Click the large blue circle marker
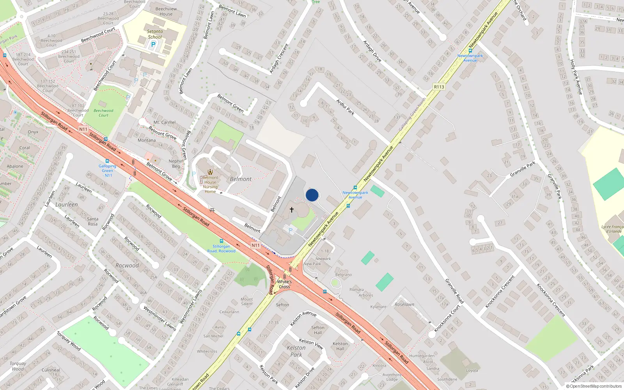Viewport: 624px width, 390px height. (312, 195)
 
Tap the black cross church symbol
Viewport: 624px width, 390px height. (291, 210)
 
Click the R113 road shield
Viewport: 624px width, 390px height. (439, 87)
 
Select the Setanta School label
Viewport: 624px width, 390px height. (155, 34)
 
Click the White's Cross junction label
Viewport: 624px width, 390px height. (284, 284)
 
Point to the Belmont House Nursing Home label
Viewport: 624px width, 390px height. (210, 184)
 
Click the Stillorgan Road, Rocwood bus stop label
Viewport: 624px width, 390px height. (221, 249)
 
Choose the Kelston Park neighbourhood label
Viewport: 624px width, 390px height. (296, 351)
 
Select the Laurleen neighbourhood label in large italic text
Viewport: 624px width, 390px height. (66, 204)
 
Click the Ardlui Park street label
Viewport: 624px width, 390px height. (346, 107)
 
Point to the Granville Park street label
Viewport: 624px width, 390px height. (523, 169)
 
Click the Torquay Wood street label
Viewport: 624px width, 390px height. (69, 341)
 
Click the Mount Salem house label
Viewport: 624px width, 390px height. (246, 301)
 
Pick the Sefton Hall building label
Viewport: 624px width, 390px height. (317, 330)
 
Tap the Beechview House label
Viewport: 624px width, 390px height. (166, 11)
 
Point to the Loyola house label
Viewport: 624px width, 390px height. (472, 370)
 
